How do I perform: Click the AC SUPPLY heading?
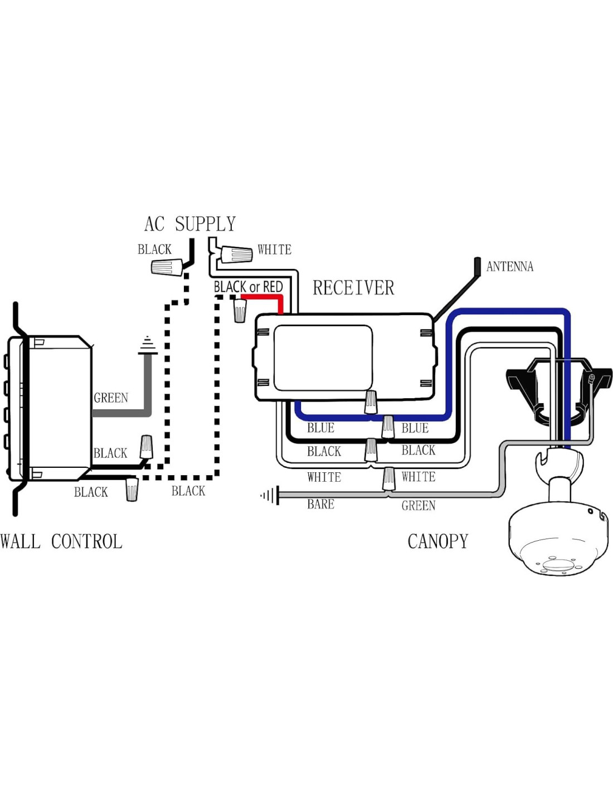(x=190, y=224)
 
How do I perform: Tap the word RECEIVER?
(x=353, y=288)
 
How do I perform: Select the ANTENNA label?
(x=509, y=267)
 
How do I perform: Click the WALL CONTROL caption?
(x=61, y=541)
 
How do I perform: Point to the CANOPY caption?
(x=438, y=541)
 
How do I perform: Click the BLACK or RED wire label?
(x=249, y=287)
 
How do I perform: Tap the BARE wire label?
(x=320, y=505)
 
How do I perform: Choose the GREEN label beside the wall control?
(x=111, y=398)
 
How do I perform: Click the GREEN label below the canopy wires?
(x=419, y=506)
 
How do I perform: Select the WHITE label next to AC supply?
(x=274, y=250)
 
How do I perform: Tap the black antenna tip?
(x=477, y=266)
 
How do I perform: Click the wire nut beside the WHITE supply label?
(x=236, y=255)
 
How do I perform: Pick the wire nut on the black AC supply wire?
(x=167, y=267)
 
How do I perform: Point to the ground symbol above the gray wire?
(x=148, y=345)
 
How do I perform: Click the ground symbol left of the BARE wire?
(x=270, y=495)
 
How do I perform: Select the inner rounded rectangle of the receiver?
(x=323, y=358)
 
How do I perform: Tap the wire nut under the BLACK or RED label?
(x=240, y=311)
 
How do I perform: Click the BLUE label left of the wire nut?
(x=320, y=428)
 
